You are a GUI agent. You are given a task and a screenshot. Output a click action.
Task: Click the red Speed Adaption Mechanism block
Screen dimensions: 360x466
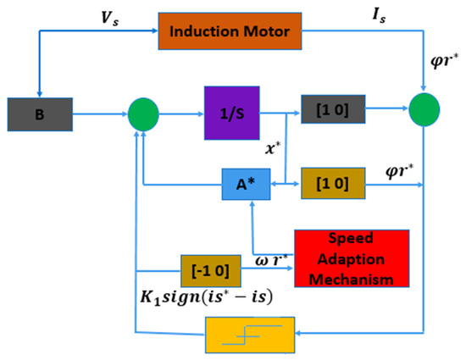349,259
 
